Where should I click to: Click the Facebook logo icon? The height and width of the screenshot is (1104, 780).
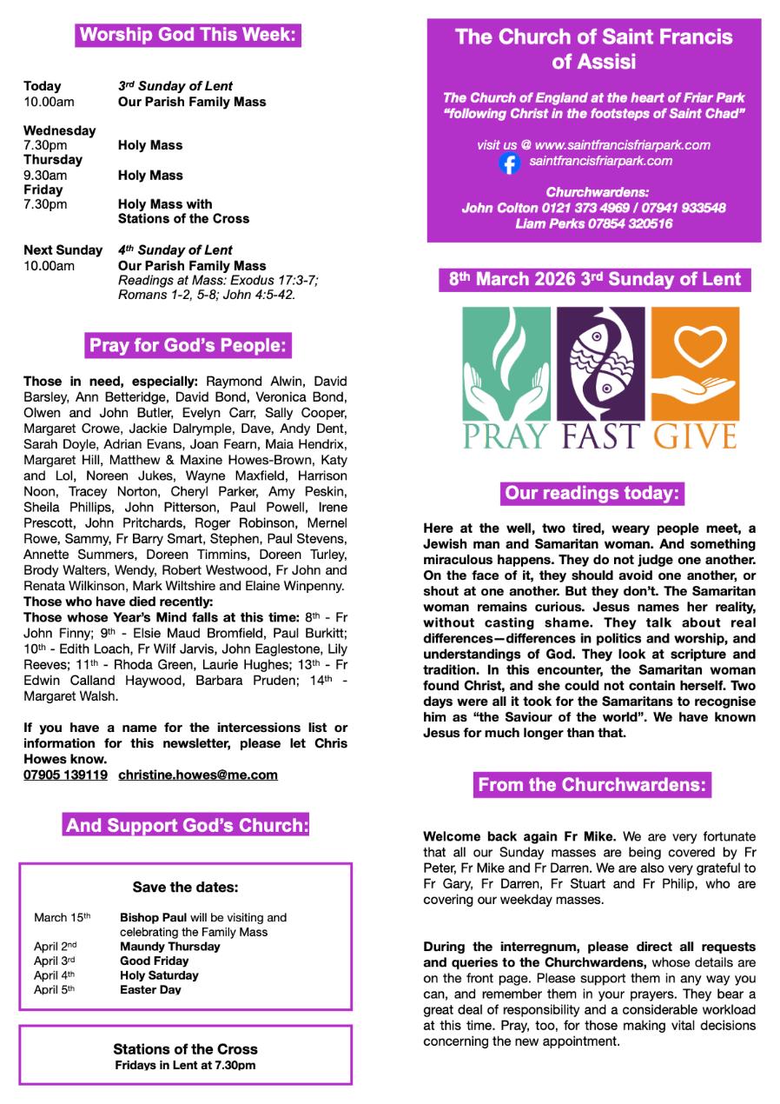[x=510, y=163]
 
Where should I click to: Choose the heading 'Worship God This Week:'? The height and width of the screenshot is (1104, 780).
[x=188, y=36]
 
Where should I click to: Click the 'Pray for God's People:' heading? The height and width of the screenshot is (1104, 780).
[x=188, y=346]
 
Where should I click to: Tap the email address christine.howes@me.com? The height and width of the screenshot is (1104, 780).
[x=198, y=775]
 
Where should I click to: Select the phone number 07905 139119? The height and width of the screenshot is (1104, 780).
[x=66, y=775]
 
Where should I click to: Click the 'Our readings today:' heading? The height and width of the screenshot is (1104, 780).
[x=592, y=494]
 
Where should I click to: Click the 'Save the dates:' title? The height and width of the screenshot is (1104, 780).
[x=185, y=888]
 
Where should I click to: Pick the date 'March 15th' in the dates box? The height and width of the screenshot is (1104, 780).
[x=62, y=918]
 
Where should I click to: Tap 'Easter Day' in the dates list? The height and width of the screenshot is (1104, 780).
[x=150, y=989]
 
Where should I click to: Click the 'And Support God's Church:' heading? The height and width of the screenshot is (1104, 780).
[x=187, y=825]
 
